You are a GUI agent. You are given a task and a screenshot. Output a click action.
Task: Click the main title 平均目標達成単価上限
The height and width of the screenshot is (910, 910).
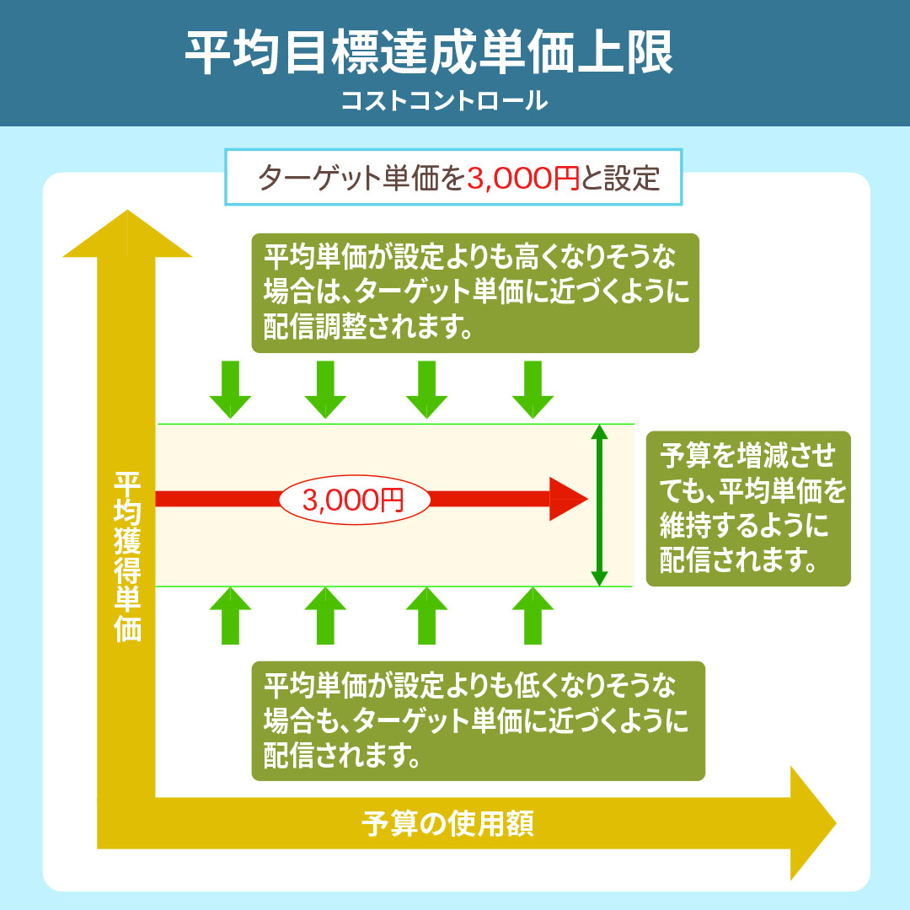tap(430, 52)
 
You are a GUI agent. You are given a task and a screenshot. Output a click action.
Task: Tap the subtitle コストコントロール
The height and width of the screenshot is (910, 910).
tap(445, 101)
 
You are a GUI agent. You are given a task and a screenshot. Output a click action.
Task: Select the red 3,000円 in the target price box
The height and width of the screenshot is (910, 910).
tap(522, 178)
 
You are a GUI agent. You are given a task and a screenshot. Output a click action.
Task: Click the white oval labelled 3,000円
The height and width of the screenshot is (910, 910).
tap(354, 500)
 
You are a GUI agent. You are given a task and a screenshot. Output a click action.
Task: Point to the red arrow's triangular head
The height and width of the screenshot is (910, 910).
tap(567, 499)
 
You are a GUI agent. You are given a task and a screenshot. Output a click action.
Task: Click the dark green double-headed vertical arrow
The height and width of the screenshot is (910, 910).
tap(599, 506)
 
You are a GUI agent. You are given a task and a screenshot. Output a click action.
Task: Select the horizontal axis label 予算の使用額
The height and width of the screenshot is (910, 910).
tap(448, 822)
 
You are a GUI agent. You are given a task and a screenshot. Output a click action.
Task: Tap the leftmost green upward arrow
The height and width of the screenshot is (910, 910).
tap(230, 616)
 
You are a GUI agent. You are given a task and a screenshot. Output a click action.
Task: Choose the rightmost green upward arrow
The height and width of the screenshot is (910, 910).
tap(533, 616)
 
